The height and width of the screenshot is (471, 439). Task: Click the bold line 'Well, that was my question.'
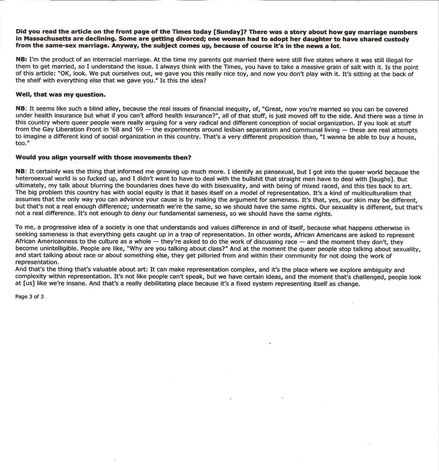tap(60, 94)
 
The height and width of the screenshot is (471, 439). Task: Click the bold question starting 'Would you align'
tap(103, 157)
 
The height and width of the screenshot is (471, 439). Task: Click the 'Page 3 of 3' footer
tap(29, 297)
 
